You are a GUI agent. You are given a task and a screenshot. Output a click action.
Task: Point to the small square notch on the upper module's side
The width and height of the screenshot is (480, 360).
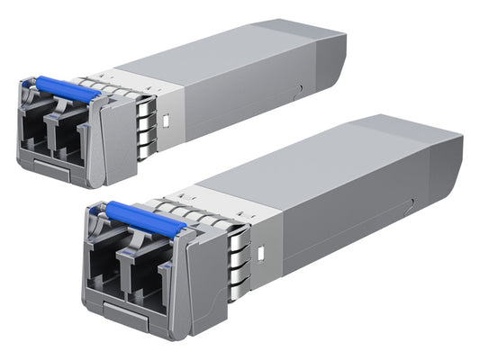pyautogui.click(x=166, y=118)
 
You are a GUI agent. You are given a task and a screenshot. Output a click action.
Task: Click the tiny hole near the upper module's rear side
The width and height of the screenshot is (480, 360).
pyautogui.click(x=298, y=87)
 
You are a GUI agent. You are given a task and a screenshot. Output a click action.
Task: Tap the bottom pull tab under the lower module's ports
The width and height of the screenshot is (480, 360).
pyautogui.click(x=126, y=318)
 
